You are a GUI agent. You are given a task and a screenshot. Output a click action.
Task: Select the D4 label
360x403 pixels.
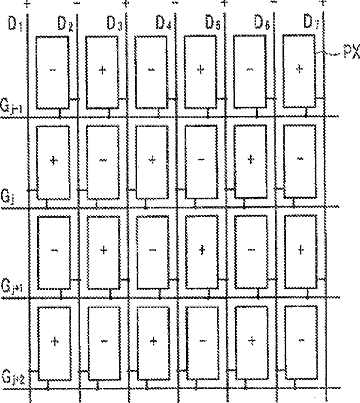164,24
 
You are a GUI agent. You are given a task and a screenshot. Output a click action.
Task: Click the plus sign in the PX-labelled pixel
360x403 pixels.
300,68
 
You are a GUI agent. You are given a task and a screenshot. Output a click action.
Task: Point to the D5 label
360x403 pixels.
212,23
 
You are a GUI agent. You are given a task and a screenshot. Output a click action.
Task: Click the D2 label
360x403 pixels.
66,24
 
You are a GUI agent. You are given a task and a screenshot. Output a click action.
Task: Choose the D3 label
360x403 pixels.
114,24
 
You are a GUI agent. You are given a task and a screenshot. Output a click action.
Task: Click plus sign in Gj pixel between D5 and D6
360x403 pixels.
250,159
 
